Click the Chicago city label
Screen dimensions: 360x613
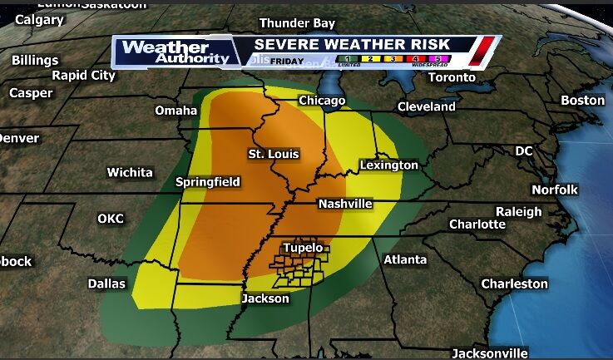tap(322, 101)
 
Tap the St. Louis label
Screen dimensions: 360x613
tap(274, 154)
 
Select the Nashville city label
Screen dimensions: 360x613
tap(345, 204)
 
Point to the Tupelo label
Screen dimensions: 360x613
tap(304, 248)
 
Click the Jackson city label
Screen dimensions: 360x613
tap(265, 298)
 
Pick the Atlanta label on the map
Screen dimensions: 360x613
tap(405, 260)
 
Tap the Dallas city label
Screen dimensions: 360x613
tap(106, 284)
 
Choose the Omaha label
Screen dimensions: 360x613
tap(176, 111)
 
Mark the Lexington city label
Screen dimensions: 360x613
tap(388, 165)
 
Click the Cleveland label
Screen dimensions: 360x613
tap(427, 106)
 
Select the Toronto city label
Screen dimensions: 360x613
tap(452, 77)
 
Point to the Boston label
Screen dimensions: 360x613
tap(583, 100)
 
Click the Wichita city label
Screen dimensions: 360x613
tap(130, 172)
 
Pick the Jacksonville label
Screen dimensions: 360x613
tap(490, 353)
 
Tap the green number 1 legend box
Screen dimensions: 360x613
tap(343, 61)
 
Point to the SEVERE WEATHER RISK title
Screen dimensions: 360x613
tap(352, 44)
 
